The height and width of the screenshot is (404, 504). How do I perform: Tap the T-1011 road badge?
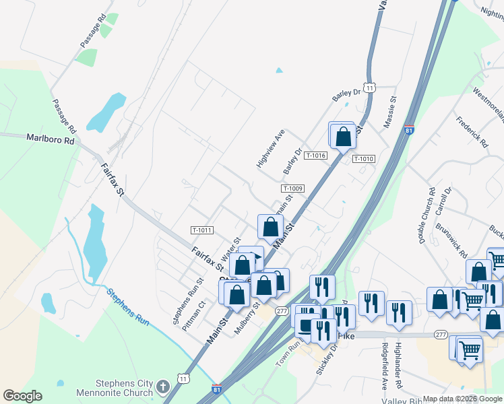202,230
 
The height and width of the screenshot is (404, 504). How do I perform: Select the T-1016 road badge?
315,156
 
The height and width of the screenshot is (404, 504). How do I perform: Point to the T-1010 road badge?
363,159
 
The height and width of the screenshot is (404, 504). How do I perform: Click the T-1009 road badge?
293,189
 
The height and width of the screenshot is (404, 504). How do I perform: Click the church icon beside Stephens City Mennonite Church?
162,386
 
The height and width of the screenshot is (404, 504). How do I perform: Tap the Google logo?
22,396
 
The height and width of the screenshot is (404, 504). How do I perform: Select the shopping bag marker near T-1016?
344,135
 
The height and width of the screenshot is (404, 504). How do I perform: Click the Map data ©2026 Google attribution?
462,399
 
